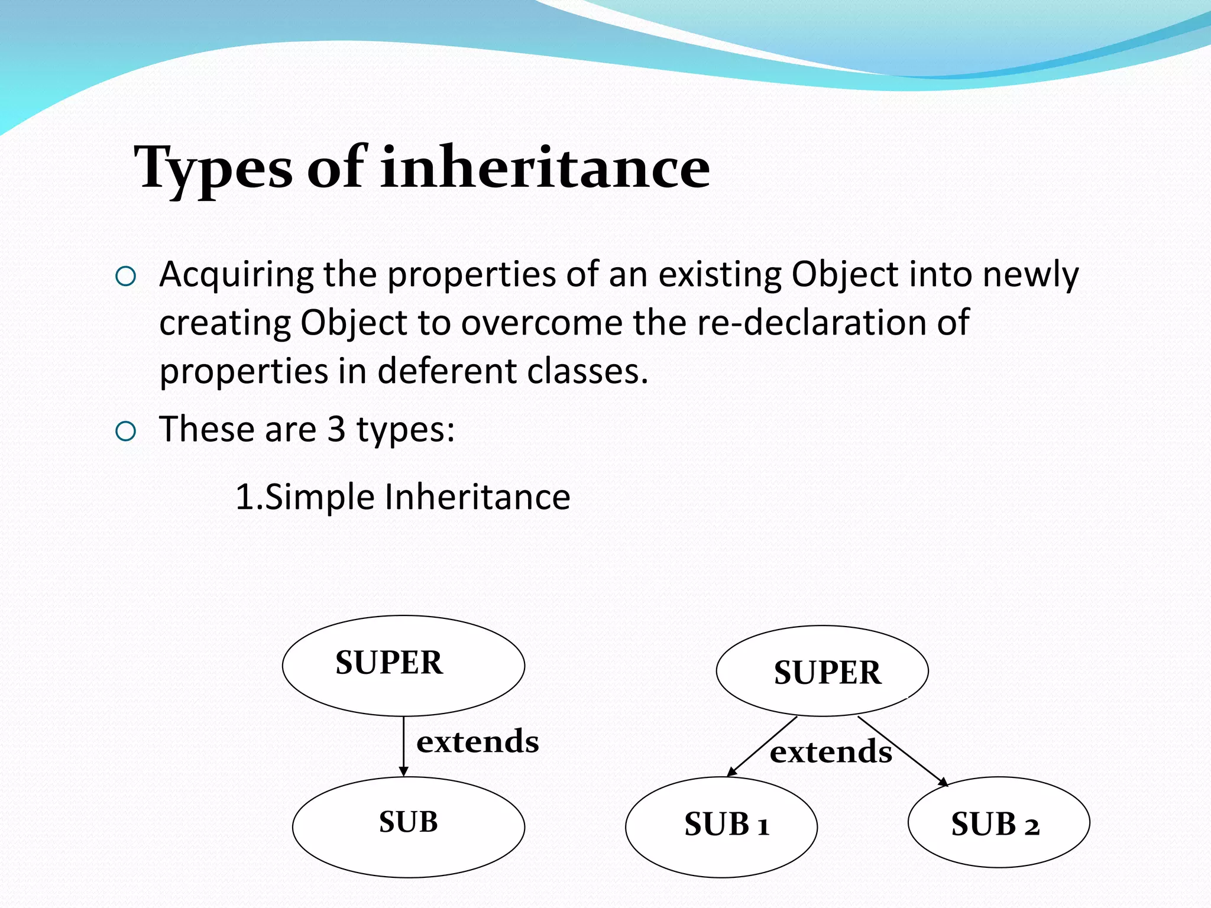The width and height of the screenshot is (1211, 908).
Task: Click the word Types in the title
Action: (x=213, y=169)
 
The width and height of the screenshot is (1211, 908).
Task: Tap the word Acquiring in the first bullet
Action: (x=237, y=275)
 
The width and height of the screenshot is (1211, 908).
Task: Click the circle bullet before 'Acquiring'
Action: (x=126, y=276)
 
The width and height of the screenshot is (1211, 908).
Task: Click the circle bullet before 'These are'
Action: (x=126, y=432)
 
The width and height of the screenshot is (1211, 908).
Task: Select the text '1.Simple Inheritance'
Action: (x=402, y=497)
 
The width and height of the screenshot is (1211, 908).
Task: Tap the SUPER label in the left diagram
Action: (x=388, y=663)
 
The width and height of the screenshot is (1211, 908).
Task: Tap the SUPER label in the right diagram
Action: (x=827, y=673)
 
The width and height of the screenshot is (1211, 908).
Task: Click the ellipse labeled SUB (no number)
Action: (x=408, y=845)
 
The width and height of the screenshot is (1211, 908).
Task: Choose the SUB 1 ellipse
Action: (x=721, y=851)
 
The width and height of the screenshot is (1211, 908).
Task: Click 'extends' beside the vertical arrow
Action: (x=477, y=741)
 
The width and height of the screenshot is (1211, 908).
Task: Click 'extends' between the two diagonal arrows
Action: (x=830, y=752)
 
